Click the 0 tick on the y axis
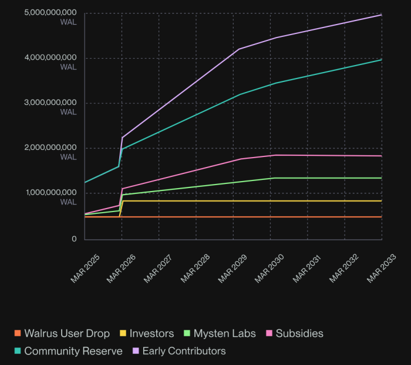tap(75, 239)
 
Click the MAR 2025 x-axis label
tap(86, 268)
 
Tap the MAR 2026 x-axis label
tap(123, 268)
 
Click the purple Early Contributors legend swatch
tap(136, 351)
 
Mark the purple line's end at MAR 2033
tap(382, 15)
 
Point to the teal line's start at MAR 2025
tap(85, 182)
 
